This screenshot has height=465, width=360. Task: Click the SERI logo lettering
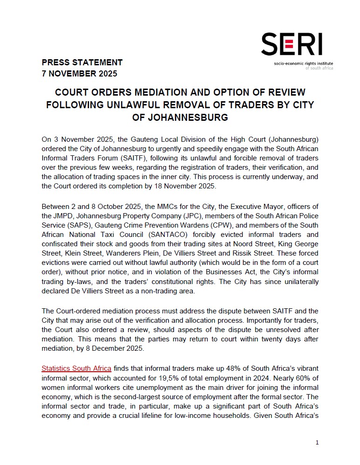point(291,45)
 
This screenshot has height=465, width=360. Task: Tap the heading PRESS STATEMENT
point(82,62)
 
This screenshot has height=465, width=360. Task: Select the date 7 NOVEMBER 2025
point(79,73)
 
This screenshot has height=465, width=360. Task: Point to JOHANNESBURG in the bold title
point(180,117)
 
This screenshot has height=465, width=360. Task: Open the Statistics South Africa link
point(76,368)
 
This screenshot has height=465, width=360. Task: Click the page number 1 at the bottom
point(317,443)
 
